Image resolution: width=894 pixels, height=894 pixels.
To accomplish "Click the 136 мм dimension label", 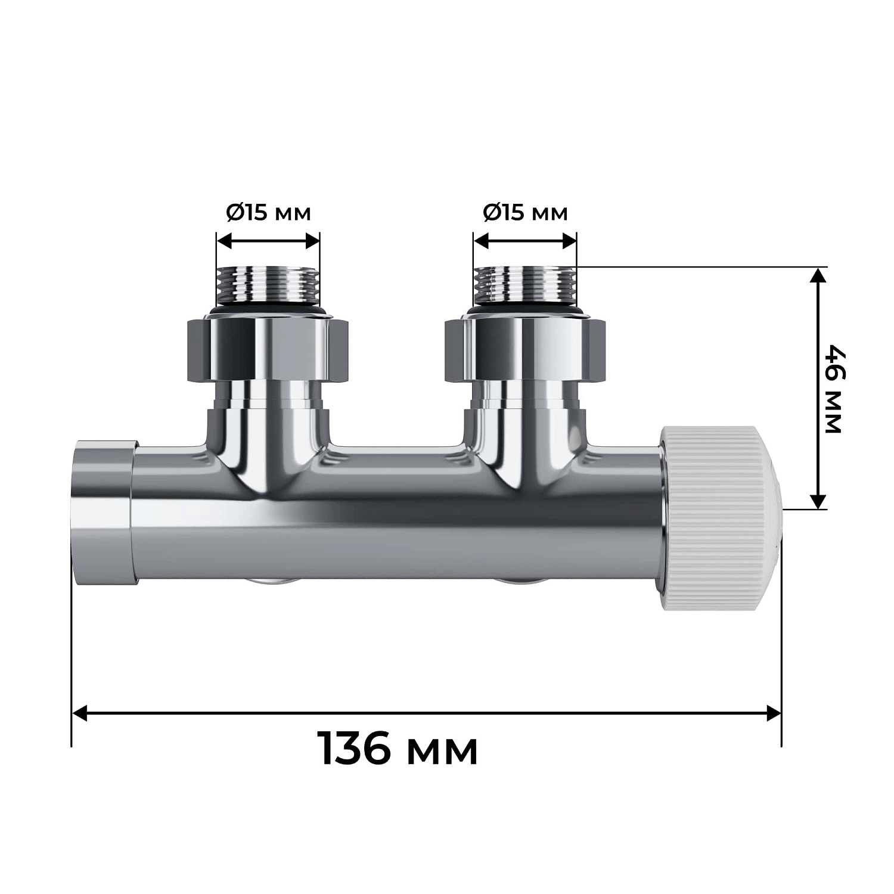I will pyautogui.click(x=399, y=749).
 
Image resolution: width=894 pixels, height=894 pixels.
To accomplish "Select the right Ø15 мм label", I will pyautogui.click(x=524, y=213).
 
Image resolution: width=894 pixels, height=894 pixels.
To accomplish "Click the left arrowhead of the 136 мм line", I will pyautogui.click(x=80, y=713).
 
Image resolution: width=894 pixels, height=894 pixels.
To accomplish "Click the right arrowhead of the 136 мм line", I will pyautogui.click(x=772, y=713).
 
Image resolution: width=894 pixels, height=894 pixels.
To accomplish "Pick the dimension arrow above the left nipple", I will pyautogui.click(x=268, y=241).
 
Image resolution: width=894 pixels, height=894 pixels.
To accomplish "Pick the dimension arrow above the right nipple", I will pyautogui.click(x=524, y=241).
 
